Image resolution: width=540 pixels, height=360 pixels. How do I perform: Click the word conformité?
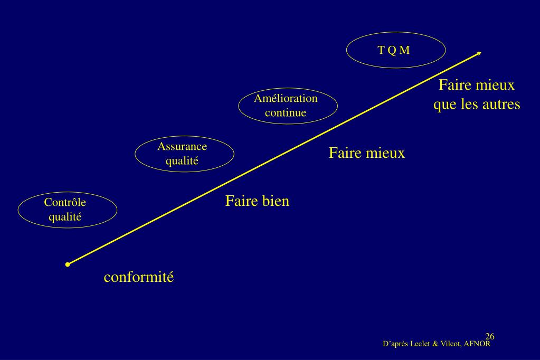tap(139, 277)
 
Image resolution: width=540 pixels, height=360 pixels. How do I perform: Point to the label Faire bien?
tap(257, 201)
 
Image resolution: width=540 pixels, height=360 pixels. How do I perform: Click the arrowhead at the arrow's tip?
tap(479, 53)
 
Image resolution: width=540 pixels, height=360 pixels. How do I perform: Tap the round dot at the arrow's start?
tap(68, 264)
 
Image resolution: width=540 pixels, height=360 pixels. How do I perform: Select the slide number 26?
tap(489, 337)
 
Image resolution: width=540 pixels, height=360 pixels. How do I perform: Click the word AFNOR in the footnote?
tap(478, 344)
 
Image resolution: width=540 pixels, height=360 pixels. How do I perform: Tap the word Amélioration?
tap(286, 99)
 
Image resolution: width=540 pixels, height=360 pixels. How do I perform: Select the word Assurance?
tap(182, 146)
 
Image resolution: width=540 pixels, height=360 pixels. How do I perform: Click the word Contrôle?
tap(65, 202)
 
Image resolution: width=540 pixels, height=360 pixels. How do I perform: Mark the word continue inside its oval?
tap(286, 112)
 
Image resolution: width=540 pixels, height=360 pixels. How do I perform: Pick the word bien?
tap(276, 201)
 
